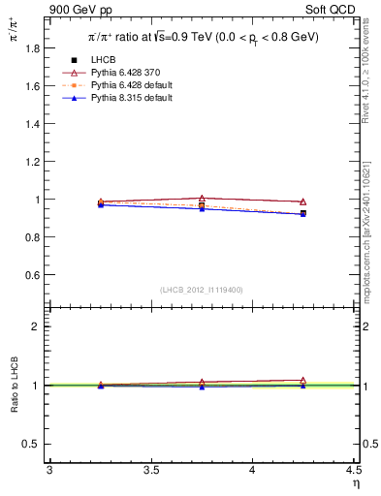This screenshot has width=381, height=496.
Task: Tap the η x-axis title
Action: (x=355, y=482)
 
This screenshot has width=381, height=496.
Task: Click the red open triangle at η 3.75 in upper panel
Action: (x=202, y=199)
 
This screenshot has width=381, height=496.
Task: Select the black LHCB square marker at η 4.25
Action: (x=303, y=213)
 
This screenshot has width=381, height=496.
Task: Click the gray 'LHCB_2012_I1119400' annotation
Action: (x=202, y=290)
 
